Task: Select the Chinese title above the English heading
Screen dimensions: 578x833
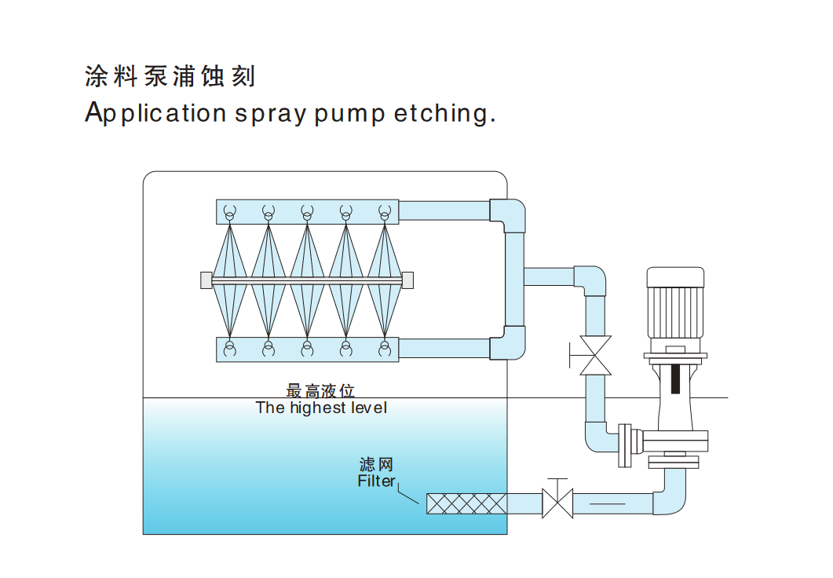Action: (170, 77)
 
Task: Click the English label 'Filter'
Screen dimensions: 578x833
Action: (376, 481)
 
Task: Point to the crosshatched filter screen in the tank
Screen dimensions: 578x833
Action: (466, 503)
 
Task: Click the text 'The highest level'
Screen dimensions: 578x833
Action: (321, 408)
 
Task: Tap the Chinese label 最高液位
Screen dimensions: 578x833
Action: (321, 390)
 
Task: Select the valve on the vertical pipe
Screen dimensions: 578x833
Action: (595, 356)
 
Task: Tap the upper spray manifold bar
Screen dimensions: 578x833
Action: (307, 211)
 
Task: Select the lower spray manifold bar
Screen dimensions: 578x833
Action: (307, 349)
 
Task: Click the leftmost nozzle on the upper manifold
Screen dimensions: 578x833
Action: (229, 212)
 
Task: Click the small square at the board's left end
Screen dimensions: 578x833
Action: (206, 280)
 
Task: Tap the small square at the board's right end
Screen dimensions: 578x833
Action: (408, 280)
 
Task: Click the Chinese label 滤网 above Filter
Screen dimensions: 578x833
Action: (376, 464)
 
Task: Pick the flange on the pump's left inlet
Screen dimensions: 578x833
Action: (626, 444)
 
